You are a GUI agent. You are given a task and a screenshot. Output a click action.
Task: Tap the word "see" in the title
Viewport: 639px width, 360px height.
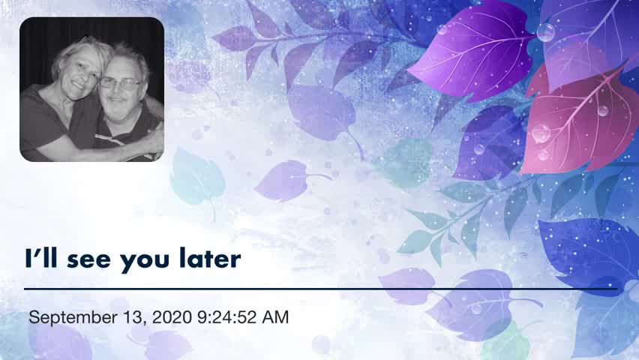click(88, 260)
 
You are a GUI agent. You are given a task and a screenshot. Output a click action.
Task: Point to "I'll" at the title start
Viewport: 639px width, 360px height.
click(41, 258)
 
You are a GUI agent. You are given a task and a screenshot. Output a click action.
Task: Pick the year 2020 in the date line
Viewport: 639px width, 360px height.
click(172, 317)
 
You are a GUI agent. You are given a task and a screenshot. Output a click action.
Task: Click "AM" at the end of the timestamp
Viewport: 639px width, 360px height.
click(275, 317)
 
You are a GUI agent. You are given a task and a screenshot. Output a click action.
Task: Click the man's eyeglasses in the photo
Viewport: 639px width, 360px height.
click(120, 83)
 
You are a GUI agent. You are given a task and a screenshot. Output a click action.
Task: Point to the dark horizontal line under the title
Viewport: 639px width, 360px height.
click(321, 289)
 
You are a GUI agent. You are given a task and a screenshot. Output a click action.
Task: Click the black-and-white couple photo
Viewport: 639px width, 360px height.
click(92, 89)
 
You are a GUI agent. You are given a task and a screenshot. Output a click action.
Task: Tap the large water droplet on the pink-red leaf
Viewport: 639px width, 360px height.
click(541, 133)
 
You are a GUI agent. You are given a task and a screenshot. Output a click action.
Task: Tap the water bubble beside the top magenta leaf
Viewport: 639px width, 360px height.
click(545, 32)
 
